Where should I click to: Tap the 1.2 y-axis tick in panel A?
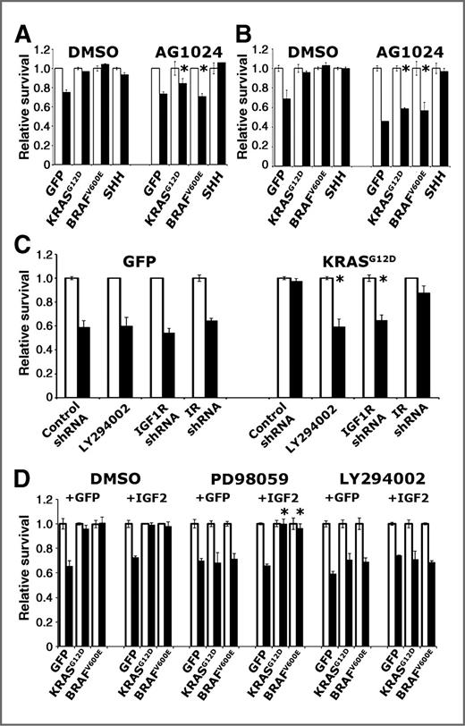(x=40, y=48)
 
